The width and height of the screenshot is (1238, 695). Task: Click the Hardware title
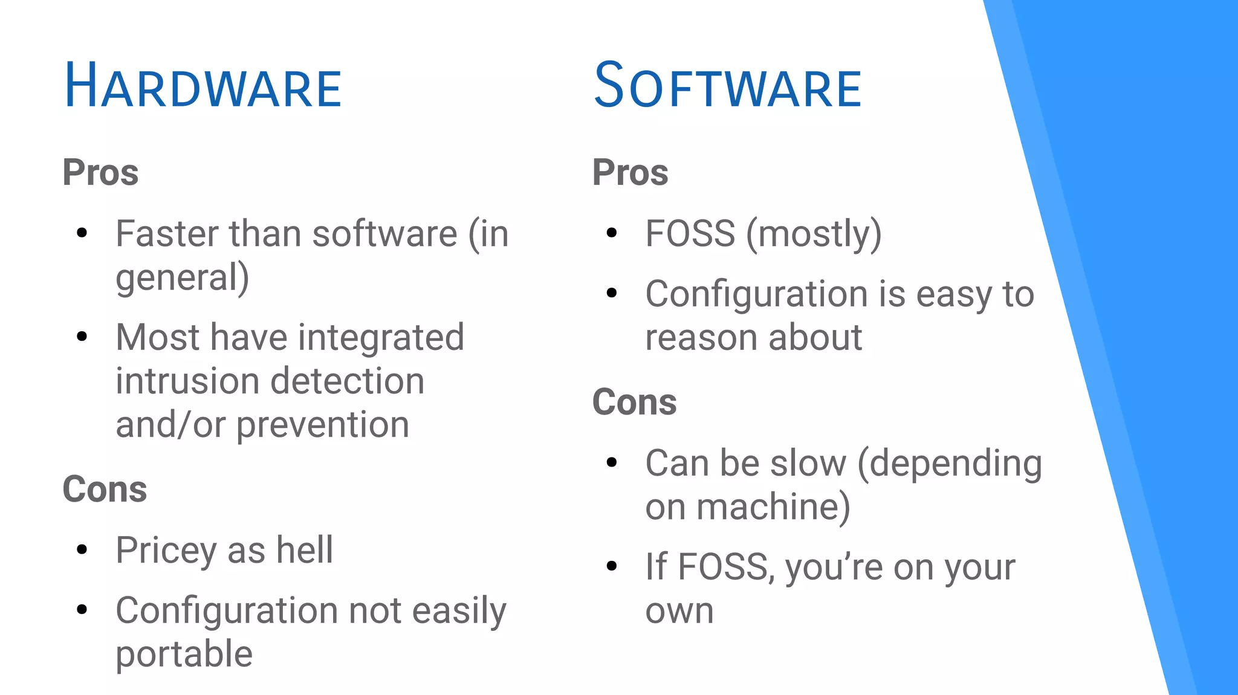[x=203, y=86]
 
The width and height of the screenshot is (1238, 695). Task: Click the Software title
[x=727, y=86]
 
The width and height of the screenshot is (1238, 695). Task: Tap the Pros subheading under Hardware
[x=100, y=172]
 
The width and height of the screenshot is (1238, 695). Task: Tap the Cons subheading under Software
[x=634, y=402]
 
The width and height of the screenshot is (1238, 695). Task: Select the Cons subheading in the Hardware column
[x=105, y=489]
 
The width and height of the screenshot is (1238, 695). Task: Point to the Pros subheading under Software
[x=630, y=172]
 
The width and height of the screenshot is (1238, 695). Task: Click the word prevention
[x=322, y=424]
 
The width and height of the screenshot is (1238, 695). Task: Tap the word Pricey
[x=166, y=551]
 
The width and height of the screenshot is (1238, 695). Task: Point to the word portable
[x=184, y=655]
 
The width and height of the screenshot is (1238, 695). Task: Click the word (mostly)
[x=814, y=234]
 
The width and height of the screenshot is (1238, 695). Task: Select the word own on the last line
[x=679, y=612]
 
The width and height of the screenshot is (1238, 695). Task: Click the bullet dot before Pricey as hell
[x=82, y=549]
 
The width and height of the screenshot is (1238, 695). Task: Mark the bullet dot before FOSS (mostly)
[x=612, y=233]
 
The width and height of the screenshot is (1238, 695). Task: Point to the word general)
[x=182, y=278]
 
